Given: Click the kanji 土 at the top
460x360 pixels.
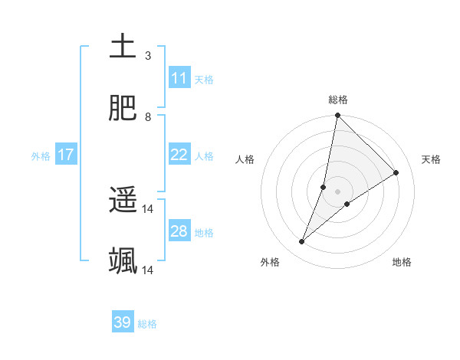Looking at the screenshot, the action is pos(123,47).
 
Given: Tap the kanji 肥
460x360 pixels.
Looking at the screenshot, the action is pos(123,108).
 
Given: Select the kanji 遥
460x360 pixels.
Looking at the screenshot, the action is pos(123,200).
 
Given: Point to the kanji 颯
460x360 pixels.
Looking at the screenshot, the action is pos(123,261).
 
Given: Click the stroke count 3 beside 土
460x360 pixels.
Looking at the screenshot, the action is pos(148,56).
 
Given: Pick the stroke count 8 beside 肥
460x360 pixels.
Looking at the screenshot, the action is pos(148,117).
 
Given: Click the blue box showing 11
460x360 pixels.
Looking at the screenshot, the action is pos(179,78).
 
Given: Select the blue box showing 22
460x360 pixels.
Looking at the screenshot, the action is pos(179,155).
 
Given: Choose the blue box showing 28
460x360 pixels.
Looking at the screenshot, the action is pos(179,231).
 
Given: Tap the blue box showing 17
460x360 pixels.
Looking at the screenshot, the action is pos(66,155).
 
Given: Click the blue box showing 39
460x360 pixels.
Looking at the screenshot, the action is pos(123,322).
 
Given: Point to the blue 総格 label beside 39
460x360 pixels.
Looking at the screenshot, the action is pos(148,324).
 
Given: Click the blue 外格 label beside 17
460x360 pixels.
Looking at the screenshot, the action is pos(41,156).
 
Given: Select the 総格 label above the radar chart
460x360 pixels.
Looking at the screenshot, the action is pos(338,100).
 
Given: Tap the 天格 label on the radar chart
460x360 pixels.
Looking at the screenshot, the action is pos(431,159).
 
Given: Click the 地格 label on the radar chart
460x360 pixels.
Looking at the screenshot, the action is pos(402,262).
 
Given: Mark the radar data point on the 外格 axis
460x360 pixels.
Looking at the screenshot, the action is pos(302,242).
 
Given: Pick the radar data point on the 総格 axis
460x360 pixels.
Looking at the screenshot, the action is pos(337,116).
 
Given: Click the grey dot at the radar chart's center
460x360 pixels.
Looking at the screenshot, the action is pos(337,191).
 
